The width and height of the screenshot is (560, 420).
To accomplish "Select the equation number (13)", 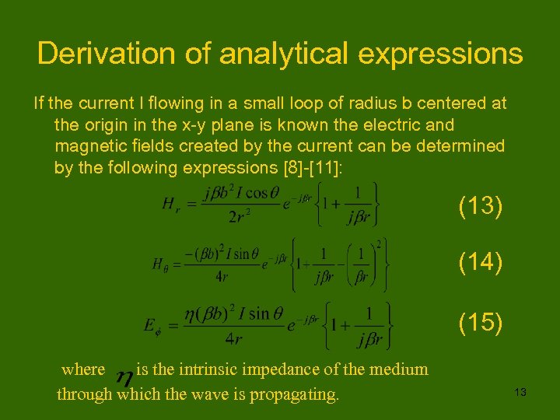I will point(480,206).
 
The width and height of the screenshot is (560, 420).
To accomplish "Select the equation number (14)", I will point(480,262).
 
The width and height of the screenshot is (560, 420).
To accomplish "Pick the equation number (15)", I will point(480,320).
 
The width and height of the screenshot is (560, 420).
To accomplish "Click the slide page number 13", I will point(520,393).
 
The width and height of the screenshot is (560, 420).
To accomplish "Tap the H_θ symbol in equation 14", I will point(160,265).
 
